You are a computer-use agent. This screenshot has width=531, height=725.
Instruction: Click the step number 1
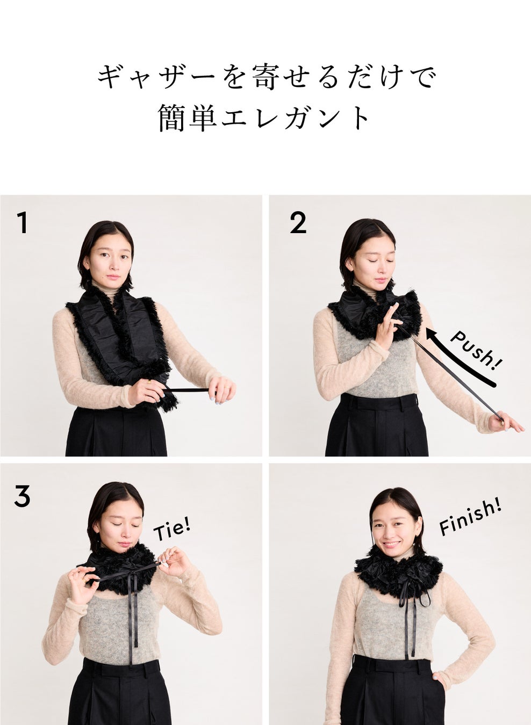tap(23, 222)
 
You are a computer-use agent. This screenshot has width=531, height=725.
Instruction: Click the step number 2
tap(298, 222)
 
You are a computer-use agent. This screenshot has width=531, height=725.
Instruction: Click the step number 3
tap(23, 496)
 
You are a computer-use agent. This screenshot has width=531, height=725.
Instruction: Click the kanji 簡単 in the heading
tap(188, 118)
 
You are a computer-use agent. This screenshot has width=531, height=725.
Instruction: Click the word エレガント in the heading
tap(296, 118)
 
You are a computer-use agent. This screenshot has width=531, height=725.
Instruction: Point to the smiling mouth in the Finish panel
tap(391, 545)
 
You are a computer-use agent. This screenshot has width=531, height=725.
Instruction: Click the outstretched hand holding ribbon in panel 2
tap(505, 422)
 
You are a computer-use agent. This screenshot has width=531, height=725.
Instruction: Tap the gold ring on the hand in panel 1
tap(149, 382)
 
